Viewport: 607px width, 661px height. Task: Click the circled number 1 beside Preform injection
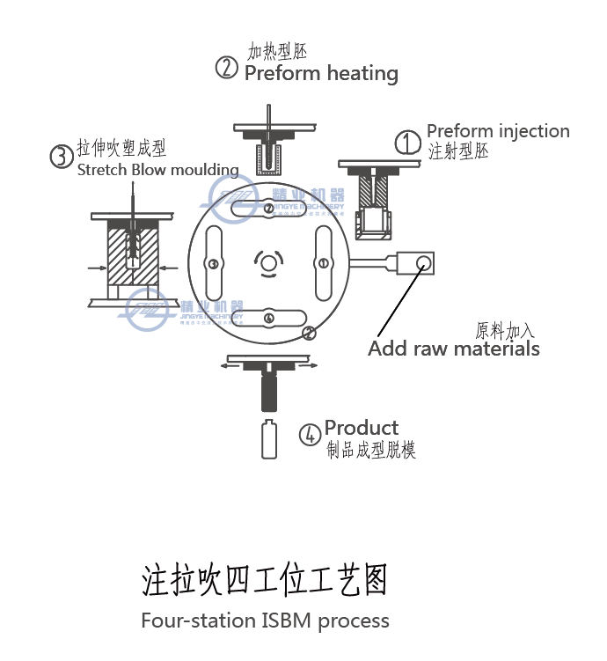coord(407,143)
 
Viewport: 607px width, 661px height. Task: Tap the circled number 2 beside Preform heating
coord(227,68)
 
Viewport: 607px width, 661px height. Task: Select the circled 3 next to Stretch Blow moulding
coord(61,157)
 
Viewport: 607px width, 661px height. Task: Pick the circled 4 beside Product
coord(309,435)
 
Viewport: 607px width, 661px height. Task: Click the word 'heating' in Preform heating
coord(359,73)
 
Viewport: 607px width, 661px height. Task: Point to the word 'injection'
coord(533,131)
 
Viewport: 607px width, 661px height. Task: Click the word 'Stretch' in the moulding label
coord(102,170)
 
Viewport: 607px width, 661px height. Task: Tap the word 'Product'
coord(361,428)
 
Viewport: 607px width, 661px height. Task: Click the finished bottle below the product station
coord(270,439)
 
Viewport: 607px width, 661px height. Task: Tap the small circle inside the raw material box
coord(424,261)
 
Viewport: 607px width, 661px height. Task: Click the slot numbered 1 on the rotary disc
coord(323,262)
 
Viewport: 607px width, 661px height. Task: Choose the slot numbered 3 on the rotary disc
coord(212,263)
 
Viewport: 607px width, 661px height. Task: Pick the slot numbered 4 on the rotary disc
coord(269,318)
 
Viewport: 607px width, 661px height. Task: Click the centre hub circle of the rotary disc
coord(268,261)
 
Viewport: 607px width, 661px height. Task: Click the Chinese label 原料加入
coord(505,330)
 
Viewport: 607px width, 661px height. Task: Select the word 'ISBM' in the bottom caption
coord(287,621)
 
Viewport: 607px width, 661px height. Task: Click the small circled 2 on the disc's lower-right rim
coord(309,333)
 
